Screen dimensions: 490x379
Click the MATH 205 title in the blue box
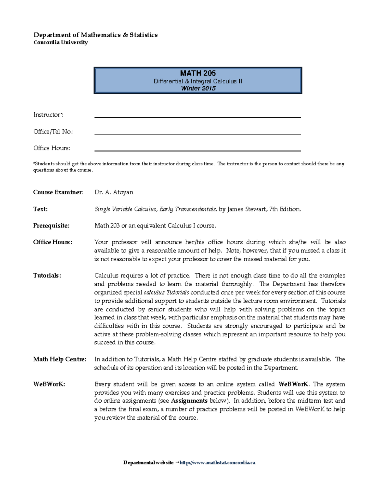tap(198, 73)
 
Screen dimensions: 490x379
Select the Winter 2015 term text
tap(198, 88)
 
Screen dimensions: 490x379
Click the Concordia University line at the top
tap(60, 42)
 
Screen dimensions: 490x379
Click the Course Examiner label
tap(58, 192)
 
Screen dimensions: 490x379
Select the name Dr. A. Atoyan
tap(114, 192)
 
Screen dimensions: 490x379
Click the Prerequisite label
tap(51, 226)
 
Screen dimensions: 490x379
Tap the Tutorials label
tap(47, 275)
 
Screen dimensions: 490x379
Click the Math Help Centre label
tap(60, 359)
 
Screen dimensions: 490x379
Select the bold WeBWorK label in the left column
tap(49, 384)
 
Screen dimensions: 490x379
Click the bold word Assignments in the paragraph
tap(189, 401)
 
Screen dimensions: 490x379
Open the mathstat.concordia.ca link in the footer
tap(217, 463)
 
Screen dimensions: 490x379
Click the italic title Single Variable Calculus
tap(125, 209)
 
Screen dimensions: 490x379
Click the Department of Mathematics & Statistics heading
tap(95, 35)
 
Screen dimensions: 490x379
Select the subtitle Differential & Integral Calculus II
tap(198, 81)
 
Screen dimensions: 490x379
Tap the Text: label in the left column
tap(40, 209)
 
